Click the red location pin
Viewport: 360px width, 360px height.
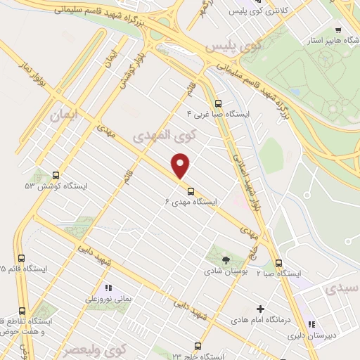[x=181, y=166]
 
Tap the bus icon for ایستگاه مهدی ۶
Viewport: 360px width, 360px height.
[x=190, y=191]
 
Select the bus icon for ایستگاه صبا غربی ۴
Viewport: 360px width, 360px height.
[x=217, y=102]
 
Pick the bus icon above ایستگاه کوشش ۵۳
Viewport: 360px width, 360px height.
[x=56, y=176]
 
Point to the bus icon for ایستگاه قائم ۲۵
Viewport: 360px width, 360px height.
[x=21, y=258]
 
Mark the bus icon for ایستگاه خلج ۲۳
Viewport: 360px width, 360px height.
[x=198, y=347]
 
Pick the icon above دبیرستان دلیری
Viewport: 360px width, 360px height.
[x=310, y=325]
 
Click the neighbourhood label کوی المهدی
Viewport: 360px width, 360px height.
[x=152, y=134]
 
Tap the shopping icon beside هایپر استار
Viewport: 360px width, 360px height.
[x=339, y=30]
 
